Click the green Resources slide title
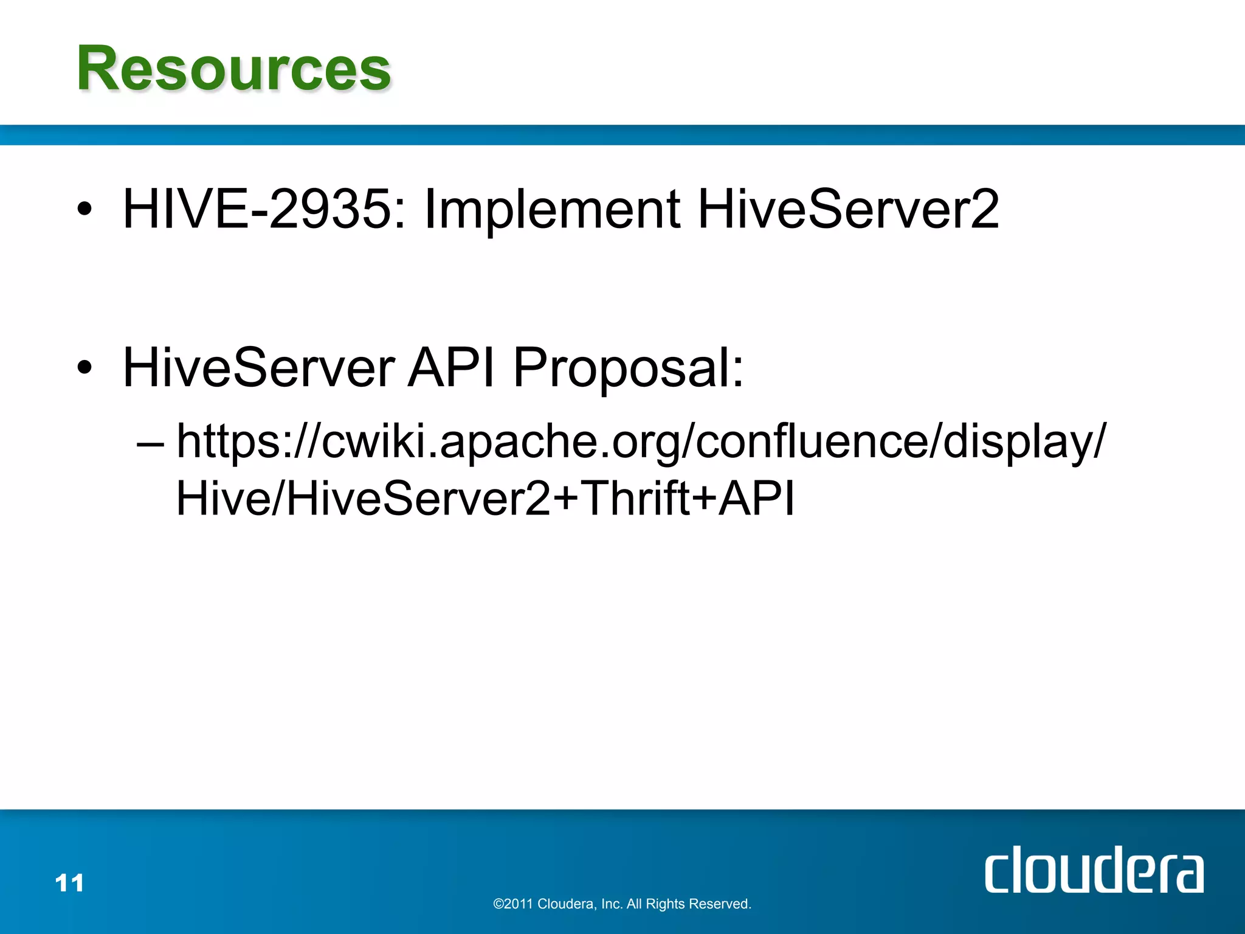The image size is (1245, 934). pyautogui.click(x=233, y=69)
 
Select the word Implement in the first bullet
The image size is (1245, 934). pyautogui.click(x=551, y=210)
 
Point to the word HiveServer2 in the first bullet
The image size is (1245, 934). pyautogui.click(x=848, y=209)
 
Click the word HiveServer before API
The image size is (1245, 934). pyautogui.click(x=259, y=368)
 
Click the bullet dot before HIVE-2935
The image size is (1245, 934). pyautogui.click(x=85, y=210)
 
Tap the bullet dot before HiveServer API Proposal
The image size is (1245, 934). pyautogui.click(x=85, y=368)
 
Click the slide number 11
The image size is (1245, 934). pyautogui.click(x=69, y=883)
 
